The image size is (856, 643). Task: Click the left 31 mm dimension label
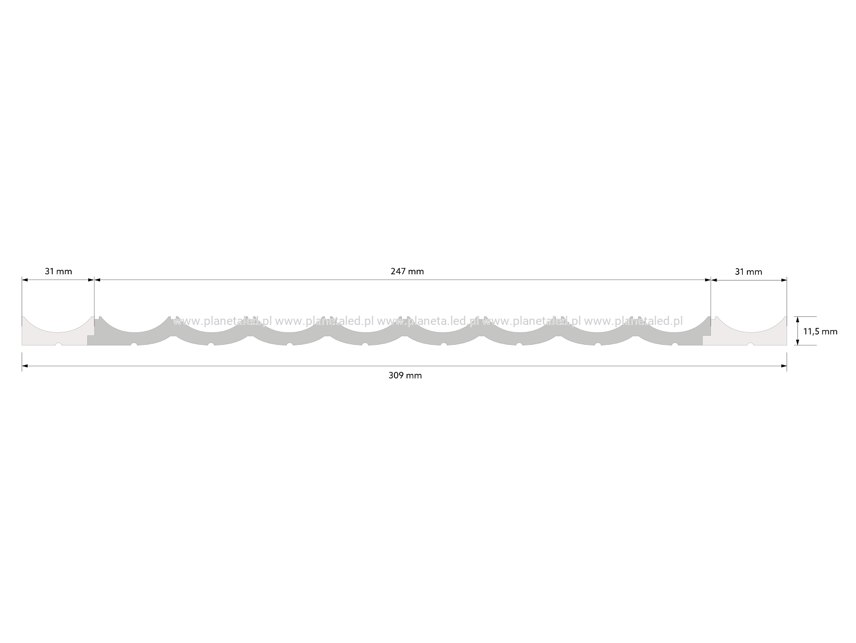58,271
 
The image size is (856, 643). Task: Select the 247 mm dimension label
407,271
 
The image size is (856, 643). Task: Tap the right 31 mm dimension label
748,272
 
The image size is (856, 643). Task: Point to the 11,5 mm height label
820,331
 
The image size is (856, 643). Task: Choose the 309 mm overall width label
405,376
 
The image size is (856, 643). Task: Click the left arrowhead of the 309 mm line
25,366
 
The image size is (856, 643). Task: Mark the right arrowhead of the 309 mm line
784,366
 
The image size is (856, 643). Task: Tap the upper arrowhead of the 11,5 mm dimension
798,319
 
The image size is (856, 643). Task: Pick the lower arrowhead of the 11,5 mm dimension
798,342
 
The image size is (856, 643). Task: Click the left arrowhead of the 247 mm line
97,279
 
